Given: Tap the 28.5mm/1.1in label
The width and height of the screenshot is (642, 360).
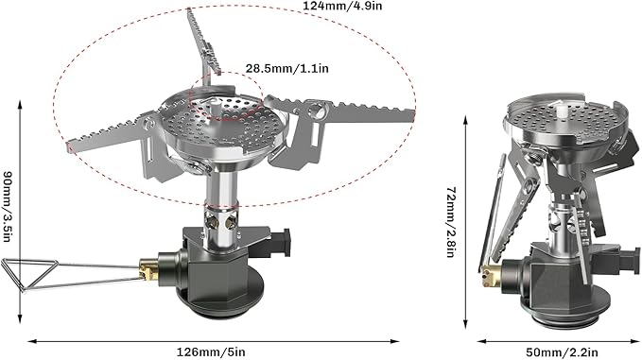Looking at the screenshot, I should pos(287,69).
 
